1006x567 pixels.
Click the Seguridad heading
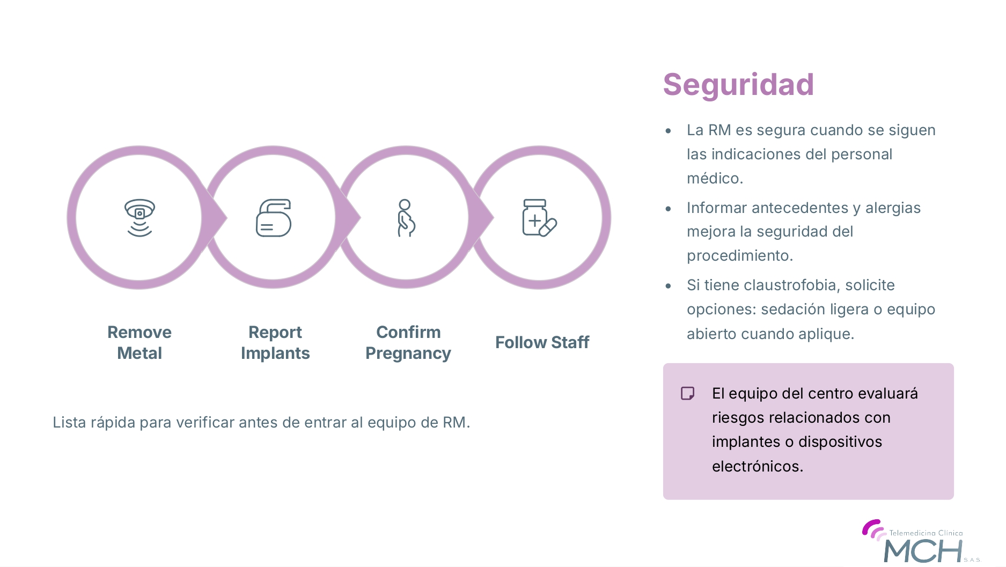738,85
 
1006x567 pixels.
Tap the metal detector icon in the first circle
139,217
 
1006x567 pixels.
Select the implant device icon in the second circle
274,218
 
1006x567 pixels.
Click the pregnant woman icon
406,218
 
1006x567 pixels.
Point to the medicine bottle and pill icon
539,218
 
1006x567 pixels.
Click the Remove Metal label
139,342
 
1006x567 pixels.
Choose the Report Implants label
275,342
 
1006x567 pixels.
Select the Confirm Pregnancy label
408,342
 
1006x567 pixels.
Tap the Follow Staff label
542,342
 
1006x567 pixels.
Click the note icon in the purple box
687,393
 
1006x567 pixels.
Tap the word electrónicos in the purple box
758,466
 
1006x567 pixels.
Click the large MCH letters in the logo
923,551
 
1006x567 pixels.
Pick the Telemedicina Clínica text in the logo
926,533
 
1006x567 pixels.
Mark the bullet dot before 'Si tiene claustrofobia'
668,286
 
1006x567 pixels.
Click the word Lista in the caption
69,423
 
